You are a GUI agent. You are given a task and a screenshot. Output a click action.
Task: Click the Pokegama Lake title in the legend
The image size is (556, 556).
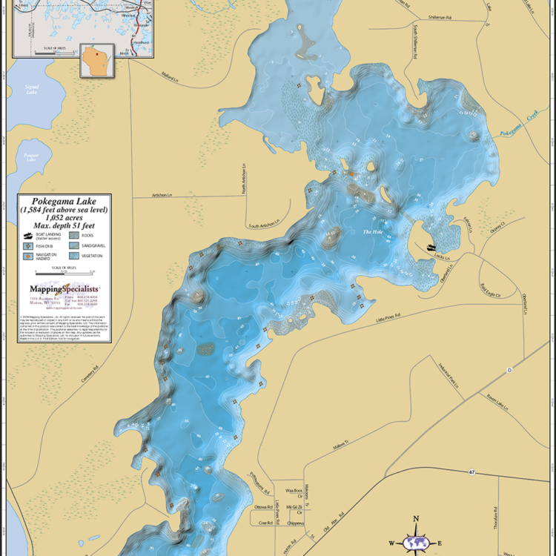[x=64, y=201]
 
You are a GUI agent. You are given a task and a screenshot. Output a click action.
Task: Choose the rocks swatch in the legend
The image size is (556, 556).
[x=74, y=235]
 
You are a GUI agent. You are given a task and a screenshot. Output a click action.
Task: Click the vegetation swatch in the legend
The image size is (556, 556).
[x=74, y=256]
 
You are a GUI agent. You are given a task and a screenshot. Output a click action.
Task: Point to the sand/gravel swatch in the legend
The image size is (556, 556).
[x=74, y=245]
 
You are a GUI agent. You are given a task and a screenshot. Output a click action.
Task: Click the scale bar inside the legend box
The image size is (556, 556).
[x=64, y=273]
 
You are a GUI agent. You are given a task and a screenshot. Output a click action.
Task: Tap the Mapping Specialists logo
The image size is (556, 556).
[x=64, y=289]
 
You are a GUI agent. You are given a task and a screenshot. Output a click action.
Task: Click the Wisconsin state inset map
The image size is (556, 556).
[x=96, y=61]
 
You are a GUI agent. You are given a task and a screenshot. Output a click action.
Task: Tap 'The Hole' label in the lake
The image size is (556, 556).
[x=372, y=232]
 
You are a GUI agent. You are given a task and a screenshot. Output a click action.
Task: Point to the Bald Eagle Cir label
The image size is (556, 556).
[x=490, y=286]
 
